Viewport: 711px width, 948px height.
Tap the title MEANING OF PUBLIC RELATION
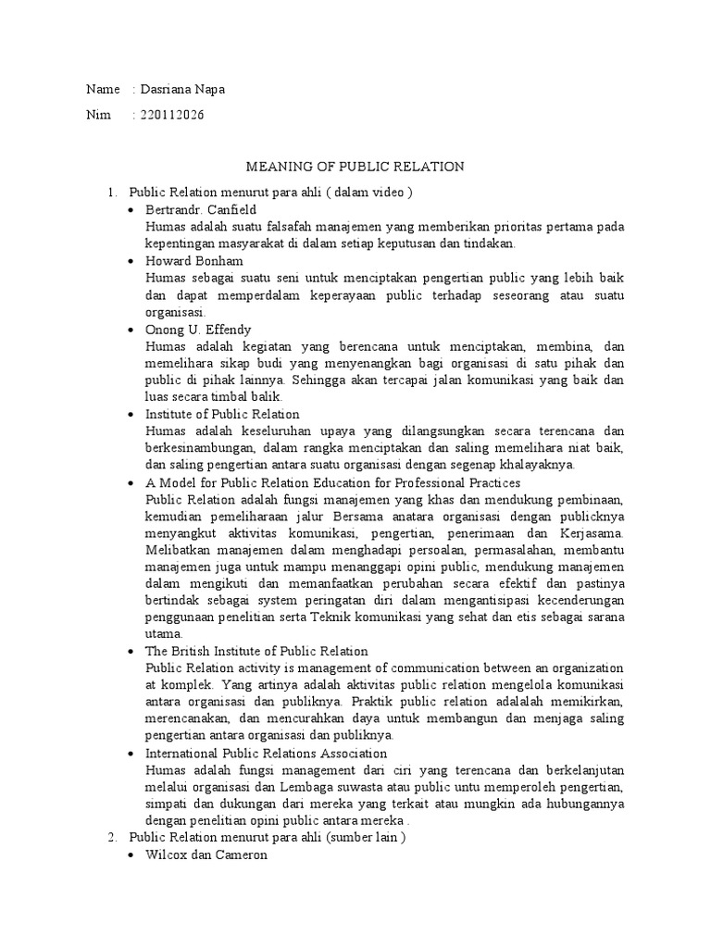[x=355, y=167]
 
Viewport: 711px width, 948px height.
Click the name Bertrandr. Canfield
[x=201, y=210]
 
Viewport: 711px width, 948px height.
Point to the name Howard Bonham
[x=194, y=262]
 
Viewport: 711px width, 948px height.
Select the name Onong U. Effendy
[x=198, y=330]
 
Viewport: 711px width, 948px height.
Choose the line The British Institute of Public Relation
[x=256, y=652]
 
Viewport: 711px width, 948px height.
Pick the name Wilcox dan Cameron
[x=206, y=855]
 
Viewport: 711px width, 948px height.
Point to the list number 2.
[x=111, y=839]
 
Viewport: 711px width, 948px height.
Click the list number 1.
[x=111, y=193]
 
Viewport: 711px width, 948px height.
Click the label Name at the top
[x=103, y=90]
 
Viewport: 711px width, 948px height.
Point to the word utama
[x=165, y=635]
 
